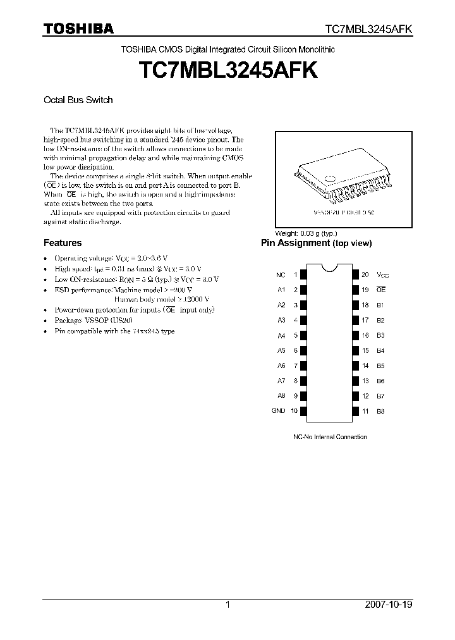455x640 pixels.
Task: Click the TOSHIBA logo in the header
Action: tap(78, 28)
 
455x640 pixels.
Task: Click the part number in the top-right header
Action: tap(369, 29)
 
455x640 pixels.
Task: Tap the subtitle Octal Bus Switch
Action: tap(78, 99)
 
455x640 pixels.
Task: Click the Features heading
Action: tap(62, 243)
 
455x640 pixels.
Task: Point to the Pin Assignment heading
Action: tap(317, 243)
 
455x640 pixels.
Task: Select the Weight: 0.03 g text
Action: tap(305, 233)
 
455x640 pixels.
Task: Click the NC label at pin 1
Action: tap(281, 275)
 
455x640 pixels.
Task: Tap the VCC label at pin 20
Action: tap(382, 275)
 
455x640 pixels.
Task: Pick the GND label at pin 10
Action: tap(279, 411)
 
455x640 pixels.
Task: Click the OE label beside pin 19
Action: tap(380, 290)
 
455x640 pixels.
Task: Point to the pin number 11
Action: tap(365, 411)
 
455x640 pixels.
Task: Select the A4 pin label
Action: tap(281, 335)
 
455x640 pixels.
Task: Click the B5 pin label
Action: tap(380, 366)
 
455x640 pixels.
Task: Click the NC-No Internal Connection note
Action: tap(330, 437)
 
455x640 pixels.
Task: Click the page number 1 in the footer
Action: tap(227, 605)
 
